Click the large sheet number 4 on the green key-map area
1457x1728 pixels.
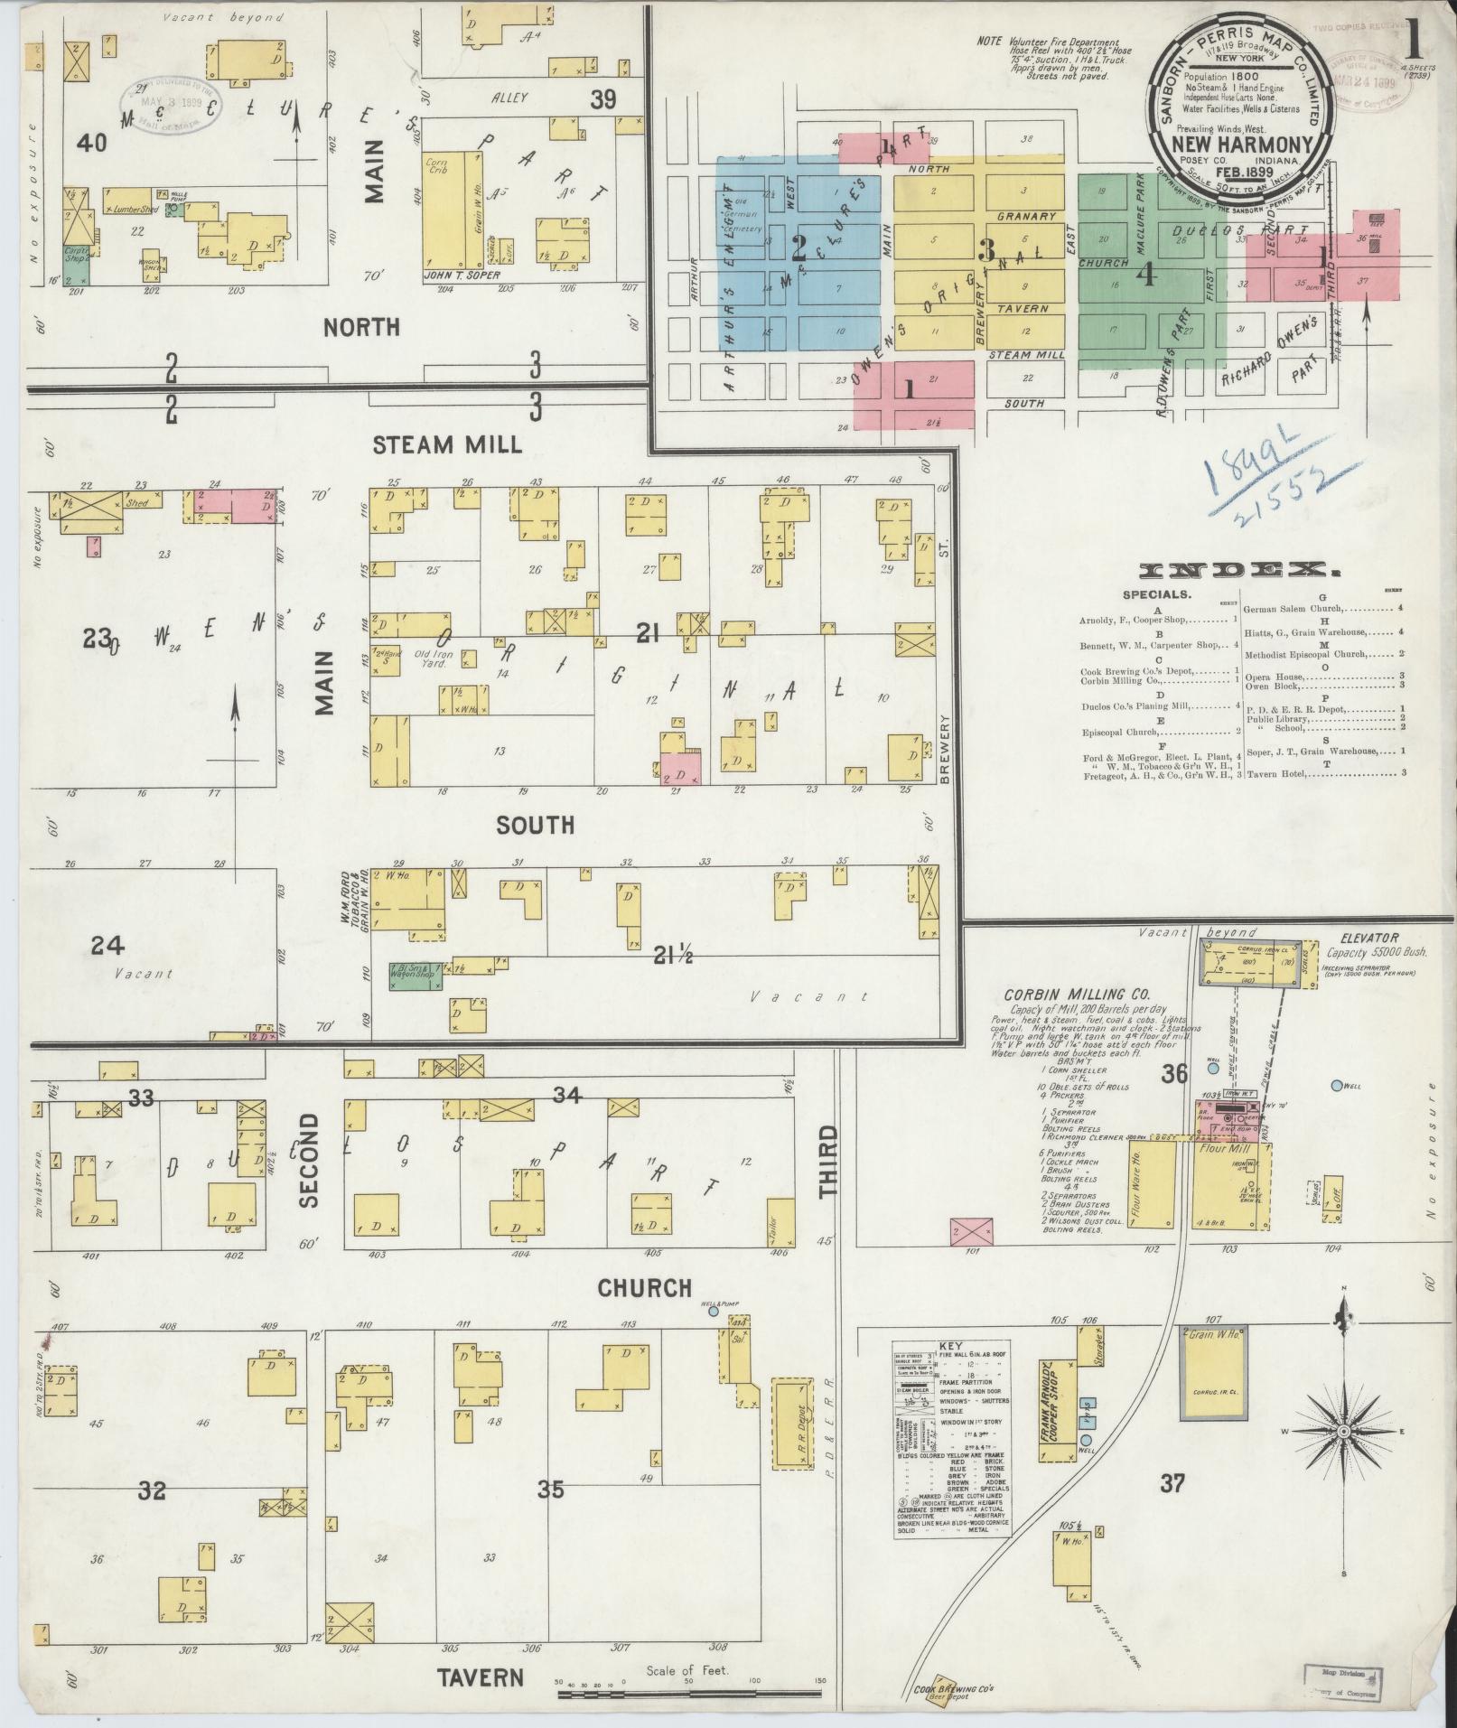tap(1144, 275)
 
